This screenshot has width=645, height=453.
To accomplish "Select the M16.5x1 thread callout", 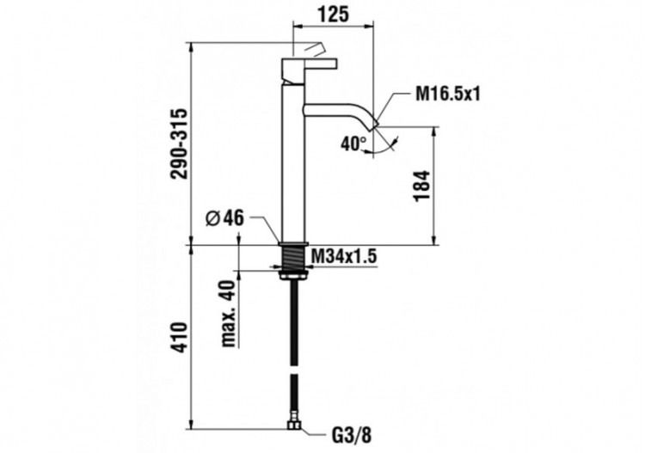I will pos(447,94).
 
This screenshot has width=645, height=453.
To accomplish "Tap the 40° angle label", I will pos(353,144).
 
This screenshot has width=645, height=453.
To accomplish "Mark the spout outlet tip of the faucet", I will pos(373,125).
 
